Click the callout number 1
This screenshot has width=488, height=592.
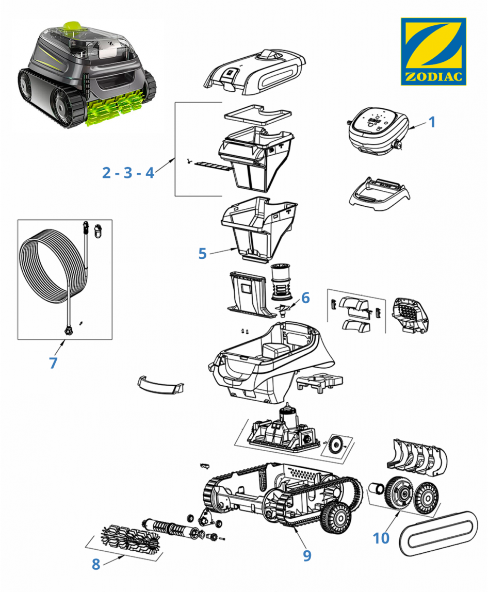[432, 122]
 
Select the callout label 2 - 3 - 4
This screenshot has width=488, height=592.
[128, 172]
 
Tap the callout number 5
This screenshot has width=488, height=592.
[202, 253]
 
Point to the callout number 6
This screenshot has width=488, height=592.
[305, 298]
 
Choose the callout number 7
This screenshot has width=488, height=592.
[53, 363]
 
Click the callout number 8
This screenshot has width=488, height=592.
[95, 564]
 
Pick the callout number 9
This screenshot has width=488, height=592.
[307, 555]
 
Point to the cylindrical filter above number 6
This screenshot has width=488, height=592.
[282, 281]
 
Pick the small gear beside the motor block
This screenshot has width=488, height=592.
[337, 442]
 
